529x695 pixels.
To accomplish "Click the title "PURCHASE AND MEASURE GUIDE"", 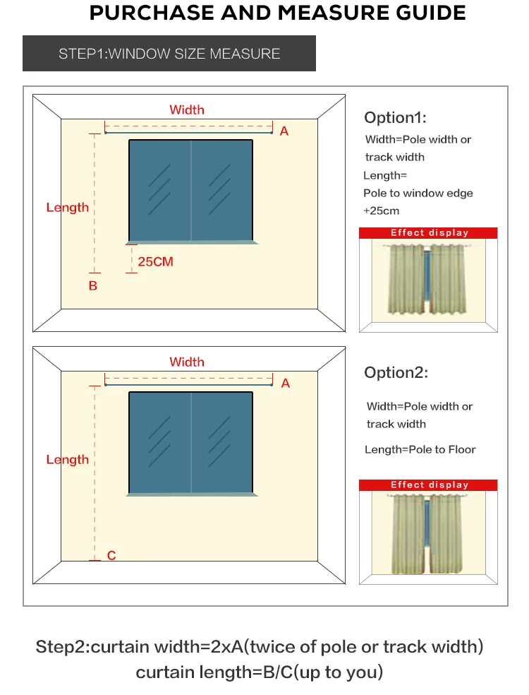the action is click(x=277, y=13).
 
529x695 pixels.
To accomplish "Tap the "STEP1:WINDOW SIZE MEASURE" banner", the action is click(x=169, y=54).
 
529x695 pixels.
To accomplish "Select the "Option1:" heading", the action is click(x=395, y=117).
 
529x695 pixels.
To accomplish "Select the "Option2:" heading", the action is click(x=396, y=372).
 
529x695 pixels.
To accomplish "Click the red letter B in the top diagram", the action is click(x=92, y=286).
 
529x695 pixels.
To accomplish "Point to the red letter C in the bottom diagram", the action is click(x=111, y=556).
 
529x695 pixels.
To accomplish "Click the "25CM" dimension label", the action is click(x=155, y=261).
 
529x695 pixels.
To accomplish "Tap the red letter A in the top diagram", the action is click(x=284, y=131).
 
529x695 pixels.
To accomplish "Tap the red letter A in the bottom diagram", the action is click(x=285, y=383).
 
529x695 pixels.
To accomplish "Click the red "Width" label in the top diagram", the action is click(x=187, y=109).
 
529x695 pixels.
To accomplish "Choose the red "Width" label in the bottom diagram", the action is click(x=187, y=362).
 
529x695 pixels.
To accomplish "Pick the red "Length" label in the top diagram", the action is click(x=68, y=207).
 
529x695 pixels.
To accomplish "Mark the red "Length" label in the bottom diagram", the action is click(x=68, y=459).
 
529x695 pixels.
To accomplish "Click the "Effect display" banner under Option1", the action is click(x=429, y=232).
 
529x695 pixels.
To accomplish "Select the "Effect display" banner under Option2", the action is click(x=429, y=485).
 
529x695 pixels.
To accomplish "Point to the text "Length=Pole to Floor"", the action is click(x=420, y=449).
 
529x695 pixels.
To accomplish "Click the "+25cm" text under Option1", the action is click(x=381, y=210).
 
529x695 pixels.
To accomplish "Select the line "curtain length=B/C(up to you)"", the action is click(x=260, y=672).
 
